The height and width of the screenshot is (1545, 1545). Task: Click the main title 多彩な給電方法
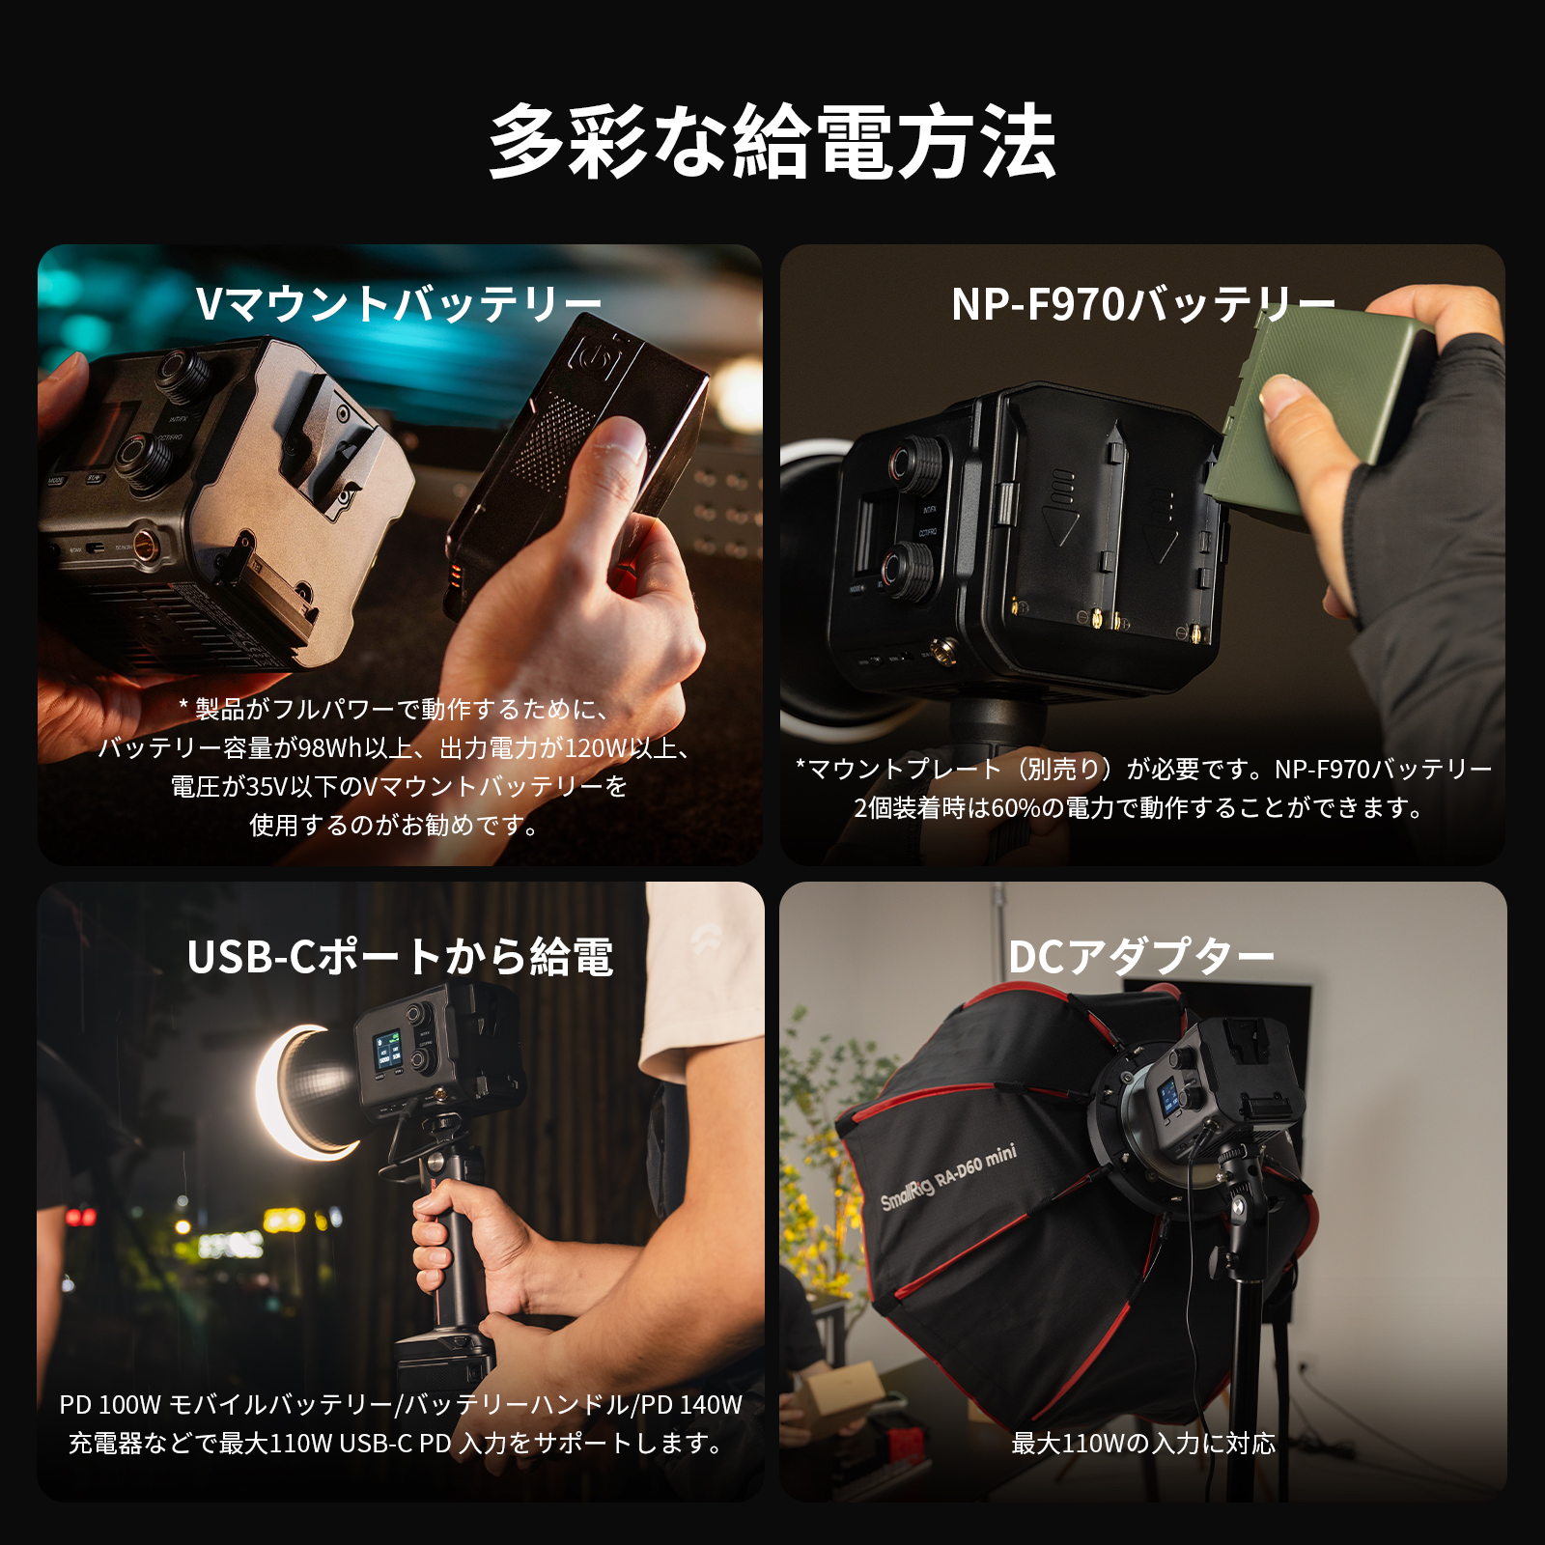(772, 143)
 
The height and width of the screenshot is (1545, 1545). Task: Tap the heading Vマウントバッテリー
(399, 304)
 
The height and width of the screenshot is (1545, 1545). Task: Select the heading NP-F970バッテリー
(1143, 304)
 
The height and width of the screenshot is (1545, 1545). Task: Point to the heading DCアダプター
(1141, 957)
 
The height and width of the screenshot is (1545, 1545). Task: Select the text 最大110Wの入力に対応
(1143, 1443)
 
